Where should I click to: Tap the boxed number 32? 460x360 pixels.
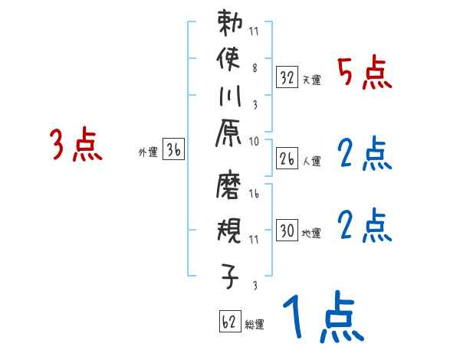[287, 77]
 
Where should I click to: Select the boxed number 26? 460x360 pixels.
[287, 159]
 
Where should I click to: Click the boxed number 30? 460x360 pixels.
[287, 231]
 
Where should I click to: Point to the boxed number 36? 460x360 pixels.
[173, 151]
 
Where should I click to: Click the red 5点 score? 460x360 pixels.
[365, 74]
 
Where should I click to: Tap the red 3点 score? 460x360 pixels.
[76, 146]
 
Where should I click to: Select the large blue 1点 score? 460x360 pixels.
[322, 318]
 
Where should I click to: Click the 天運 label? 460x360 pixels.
[311, 80]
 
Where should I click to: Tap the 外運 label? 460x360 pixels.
[148, 152]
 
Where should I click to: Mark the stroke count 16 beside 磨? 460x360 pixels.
[255, 195]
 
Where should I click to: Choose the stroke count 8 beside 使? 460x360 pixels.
[255, 67]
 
